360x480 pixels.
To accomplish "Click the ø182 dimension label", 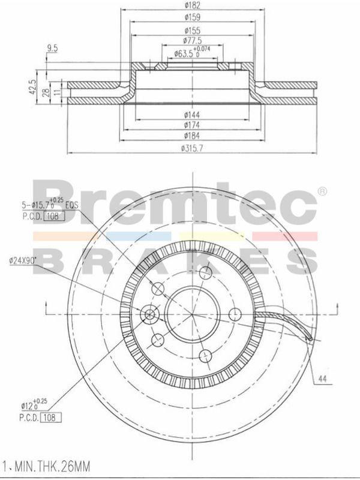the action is tap(192, 5).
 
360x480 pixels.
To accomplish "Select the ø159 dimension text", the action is tap(192, 17).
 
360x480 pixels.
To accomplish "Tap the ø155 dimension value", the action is tap(192, 31).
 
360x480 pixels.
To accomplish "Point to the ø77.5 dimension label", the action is tap(192, 40).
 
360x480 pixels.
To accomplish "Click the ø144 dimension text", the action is tap(192, 115).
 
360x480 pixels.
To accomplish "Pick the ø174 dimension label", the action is tap(192, 125).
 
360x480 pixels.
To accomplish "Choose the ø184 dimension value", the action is tap(192, 136).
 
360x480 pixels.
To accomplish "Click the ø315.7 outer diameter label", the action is tap(192, 148).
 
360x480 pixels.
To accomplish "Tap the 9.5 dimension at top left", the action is tap(52, 48).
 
